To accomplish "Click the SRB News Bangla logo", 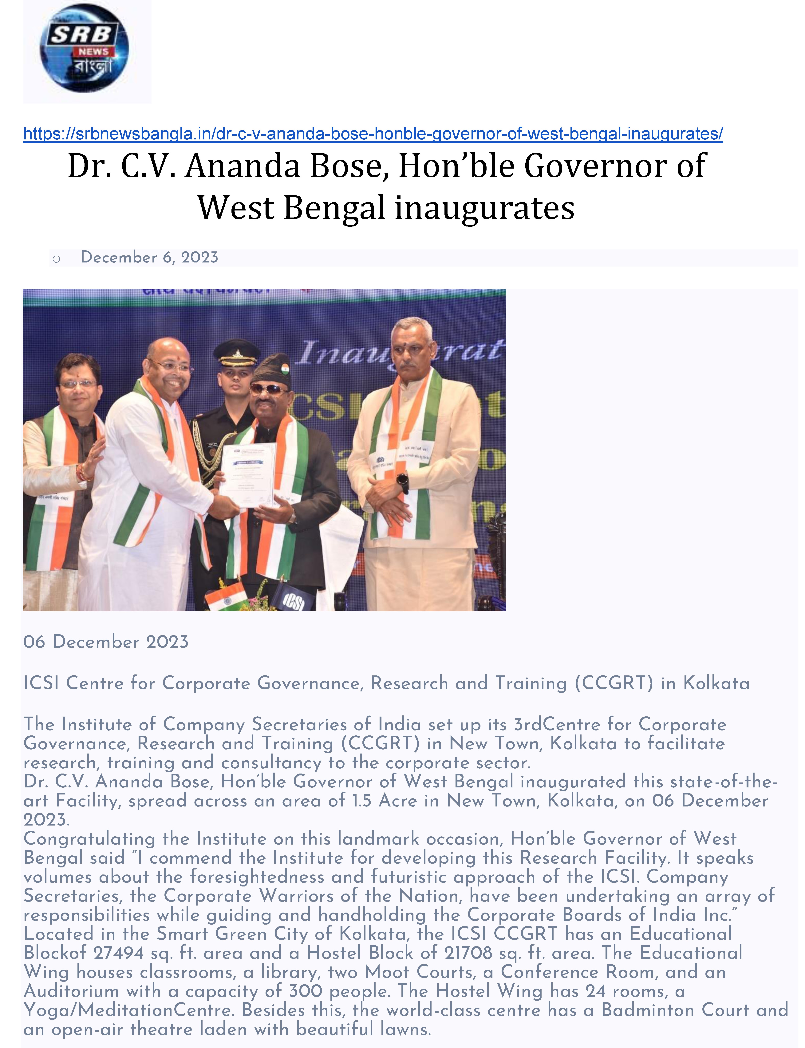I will point(84,48).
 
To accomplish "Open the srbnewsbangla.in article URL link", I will point(373,134).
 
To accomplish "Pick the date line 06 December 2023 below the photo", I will point(106,642).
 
